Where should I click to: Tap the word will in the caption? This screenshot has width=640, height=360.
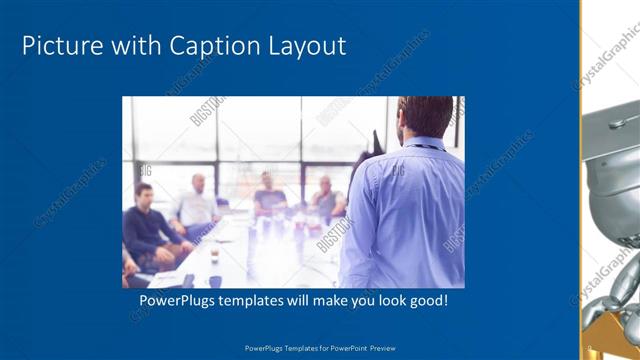pos(313,301)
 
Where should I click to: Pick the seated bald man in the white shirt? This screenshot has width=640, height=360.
pos(197,205)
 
